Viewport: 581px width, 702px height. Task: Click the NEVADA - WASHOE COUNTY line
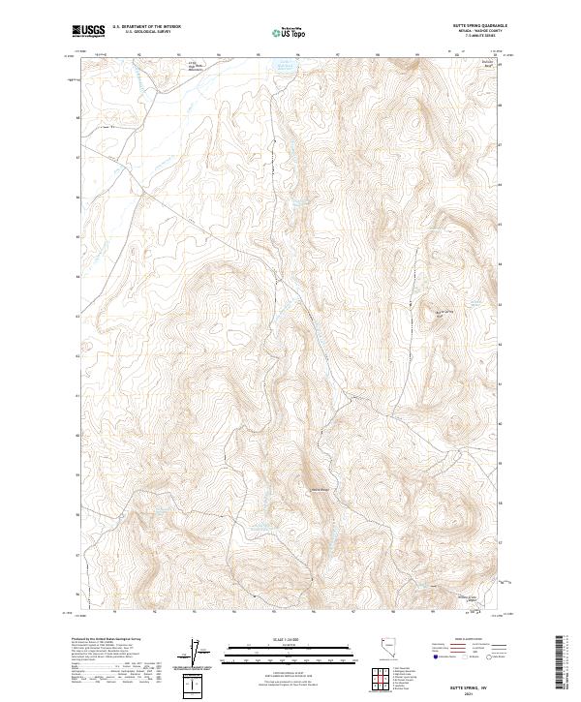pos(481,32)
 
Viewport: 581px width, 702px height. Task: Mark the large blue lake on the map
pos(285,67)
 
